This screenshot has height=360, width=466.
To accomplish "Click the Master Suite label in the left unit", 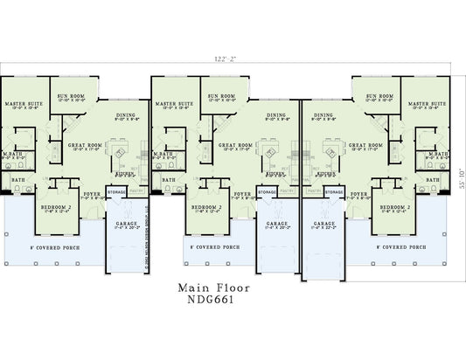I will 24,104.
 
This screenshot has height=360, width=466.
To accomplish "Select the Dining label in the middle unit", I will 276,114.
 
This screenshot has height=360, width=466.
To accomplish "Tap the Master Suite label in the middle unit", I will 173,104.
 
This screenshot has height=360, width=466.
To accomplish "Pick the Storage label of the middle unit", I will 267,213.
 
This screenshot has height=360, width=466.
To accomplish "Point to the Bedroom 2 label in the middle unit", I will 205,207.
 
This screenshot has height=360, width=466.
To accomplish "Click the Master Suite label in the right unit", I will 424,104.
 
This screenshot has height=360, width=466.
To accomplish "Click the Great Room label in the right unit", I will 365,144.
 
